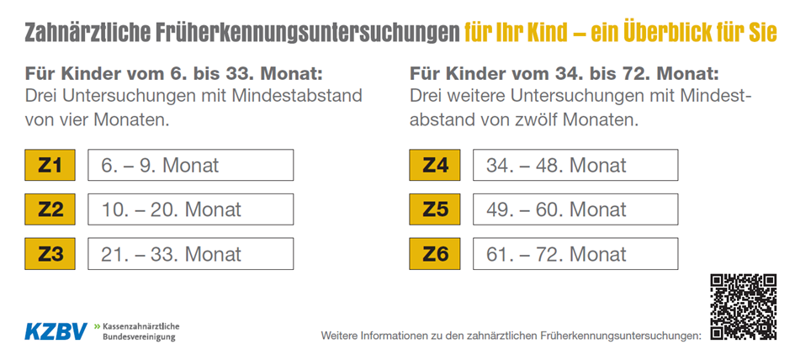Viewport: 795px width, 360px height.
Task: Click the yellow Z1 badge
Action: [50, 165]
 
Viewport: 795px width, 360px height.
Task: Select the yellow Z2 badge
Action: [50, 209]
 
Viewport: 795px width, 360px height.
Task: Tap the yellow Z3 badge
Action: [50, 253]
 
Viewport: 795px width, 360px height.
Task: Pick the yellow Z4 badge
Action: [435, 165]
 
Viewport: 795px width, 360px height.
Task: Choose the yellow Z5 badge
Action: [435, 209]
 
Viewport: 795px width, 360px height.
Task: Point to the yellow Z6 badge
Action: [435, 253]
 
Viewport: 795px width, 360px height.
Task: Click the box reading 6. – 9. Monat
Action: [191, 165]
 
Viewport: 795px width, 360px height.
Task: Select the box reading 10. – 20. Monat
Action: [191, 209]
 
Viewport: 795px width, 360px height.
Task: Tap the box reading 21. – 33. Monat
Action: [191, 253]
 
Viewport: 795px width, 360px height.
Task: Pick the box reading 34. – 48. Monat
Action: [575, 165]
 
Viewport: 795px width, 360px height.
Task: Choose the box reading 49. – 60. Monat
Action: [575, 209]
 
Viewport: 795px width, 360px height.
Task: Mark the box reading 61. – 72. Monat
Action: [575, 253]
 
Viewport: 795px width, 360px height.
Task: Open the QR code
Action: [743, 307]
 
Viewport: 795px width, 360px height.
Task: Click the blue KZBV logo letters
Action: [56, 331]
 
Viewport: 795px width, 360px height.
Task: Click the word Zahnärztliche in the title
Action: [88, 33]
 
